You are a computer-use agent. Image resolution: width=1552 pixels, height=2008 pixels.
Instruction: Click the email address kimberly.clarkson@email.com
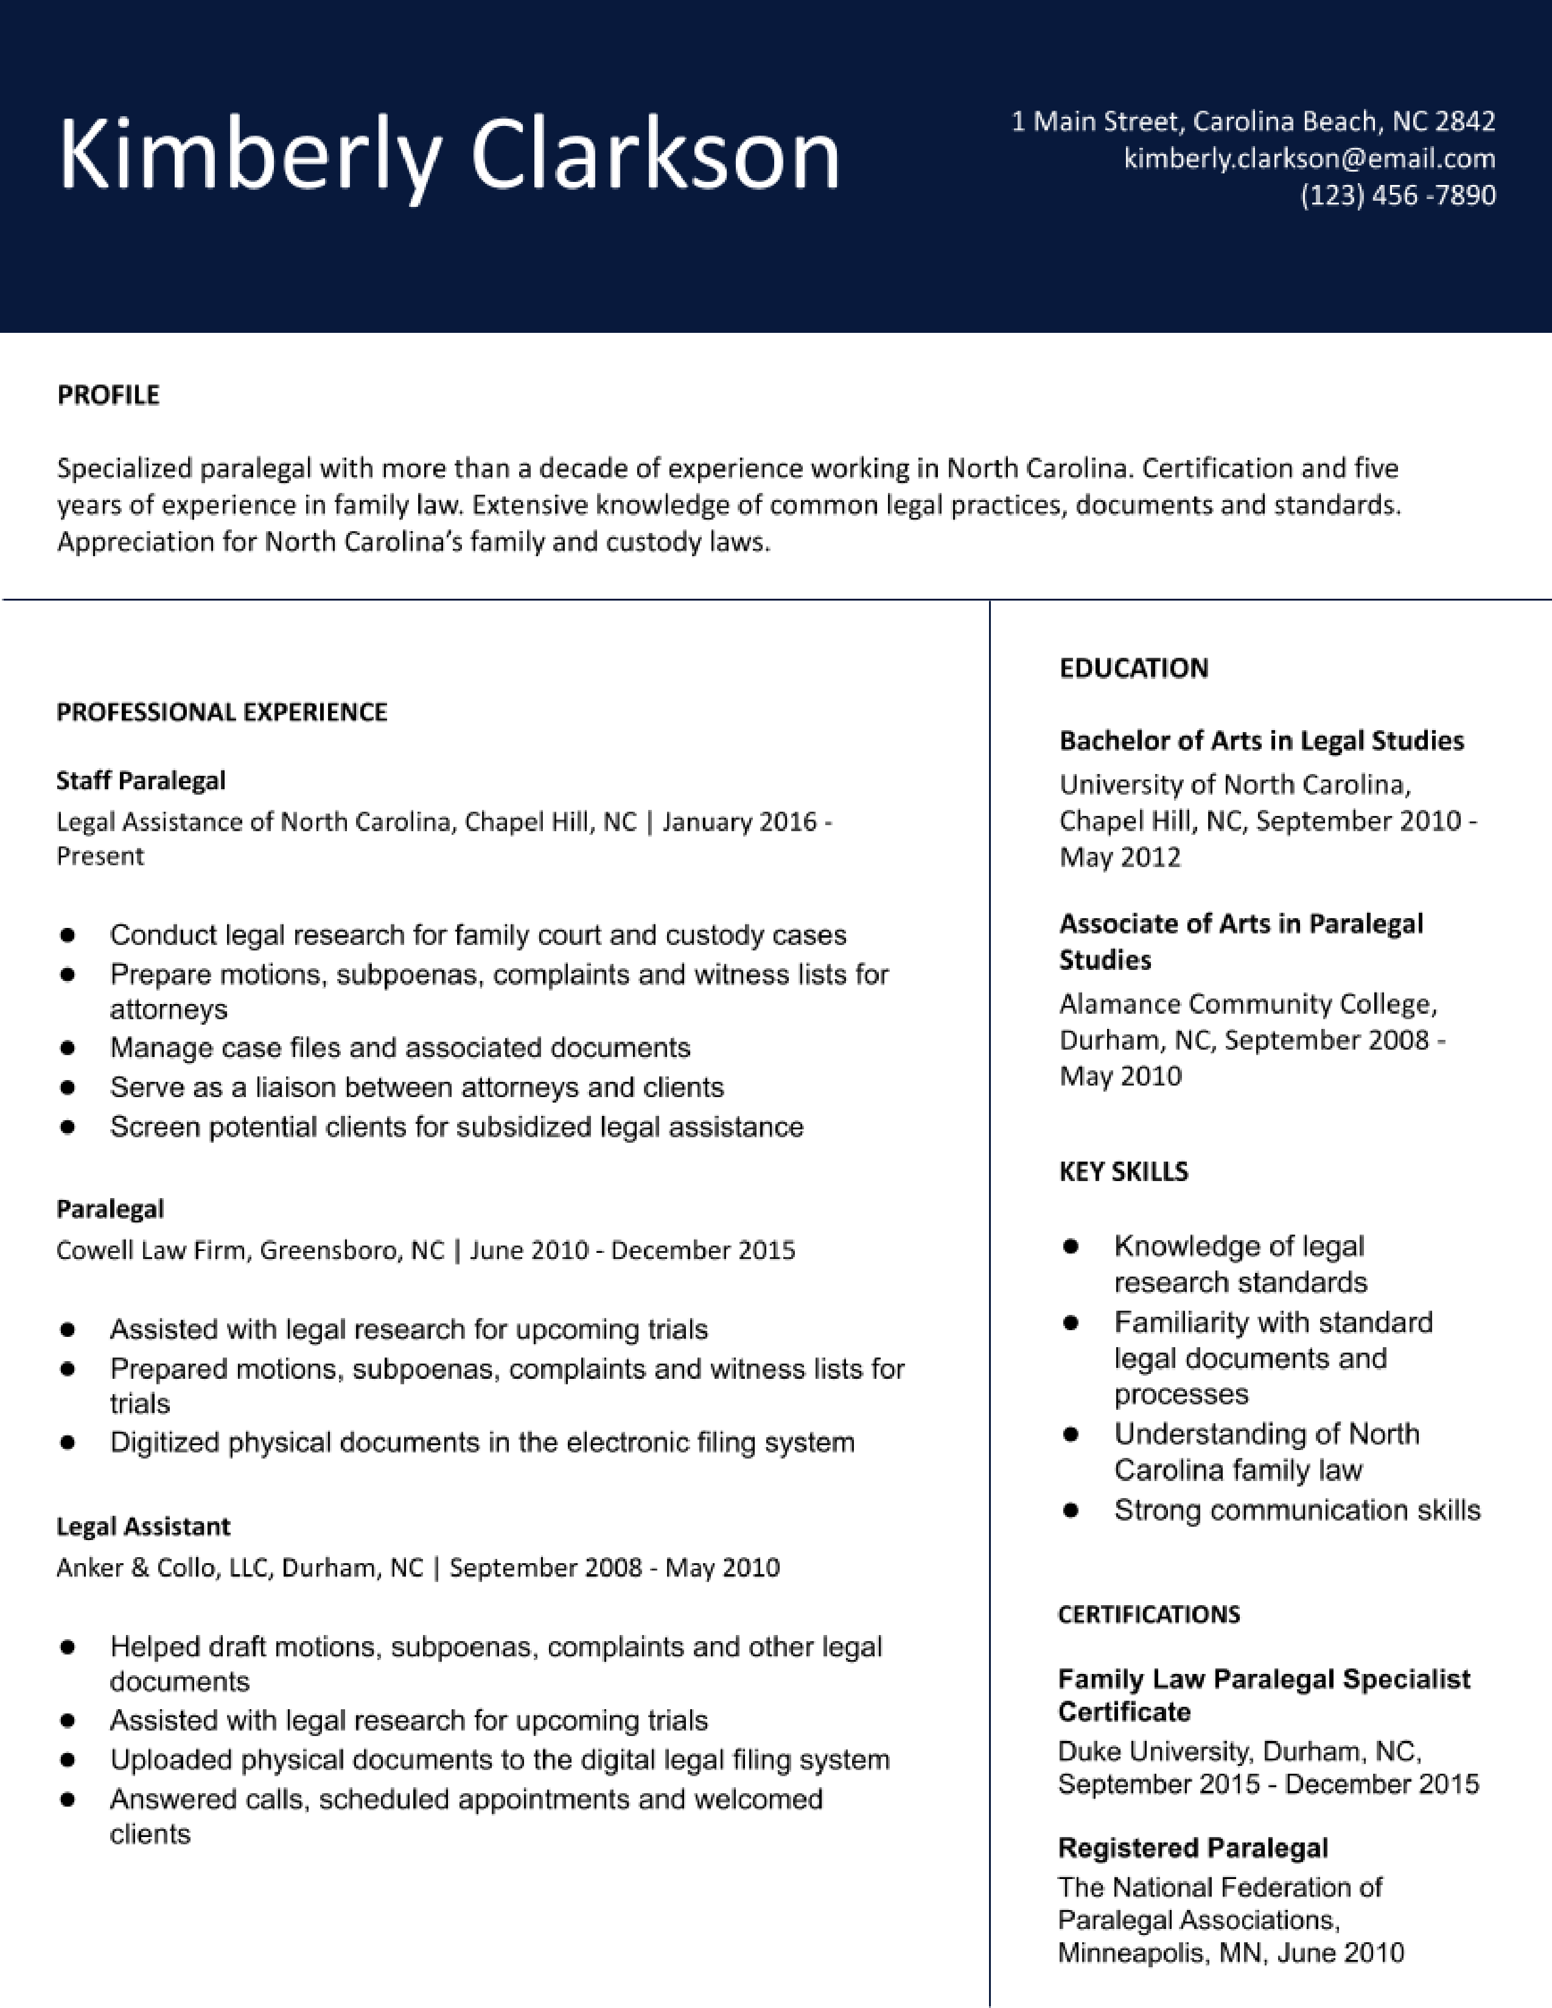(1309, 159)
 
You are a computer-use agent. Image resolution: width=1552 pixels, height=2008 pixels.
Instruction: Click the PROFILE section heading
(108, 396)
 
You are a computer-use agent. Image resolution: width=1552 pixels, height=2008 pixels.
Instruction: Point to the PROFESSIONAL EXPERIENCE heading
(222, 713)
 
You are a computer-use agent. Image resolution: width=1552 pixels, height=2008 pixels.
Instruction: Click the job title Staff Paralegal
(141, 781)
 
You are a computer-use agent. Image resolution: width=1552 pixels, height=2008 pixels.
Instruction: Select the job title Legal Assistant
(144, 1527)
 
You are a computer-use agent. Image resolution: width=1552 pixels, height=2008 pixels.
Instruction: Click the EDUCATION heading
(1134, 668)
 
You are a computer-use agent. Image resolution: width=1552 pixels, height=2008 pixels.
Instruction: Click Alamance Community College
(1248, 1004)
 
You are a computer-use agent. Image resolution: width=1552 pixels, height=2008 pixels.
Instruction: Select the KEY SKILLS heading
(1124, 1171)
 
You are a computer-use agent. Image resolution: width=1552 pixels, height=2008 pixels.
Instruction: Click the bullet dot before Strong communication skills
(1070, 1511)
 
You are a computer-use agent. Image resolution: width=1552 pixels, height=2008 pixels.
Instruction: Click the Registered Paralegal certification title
(1192, 1848)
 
